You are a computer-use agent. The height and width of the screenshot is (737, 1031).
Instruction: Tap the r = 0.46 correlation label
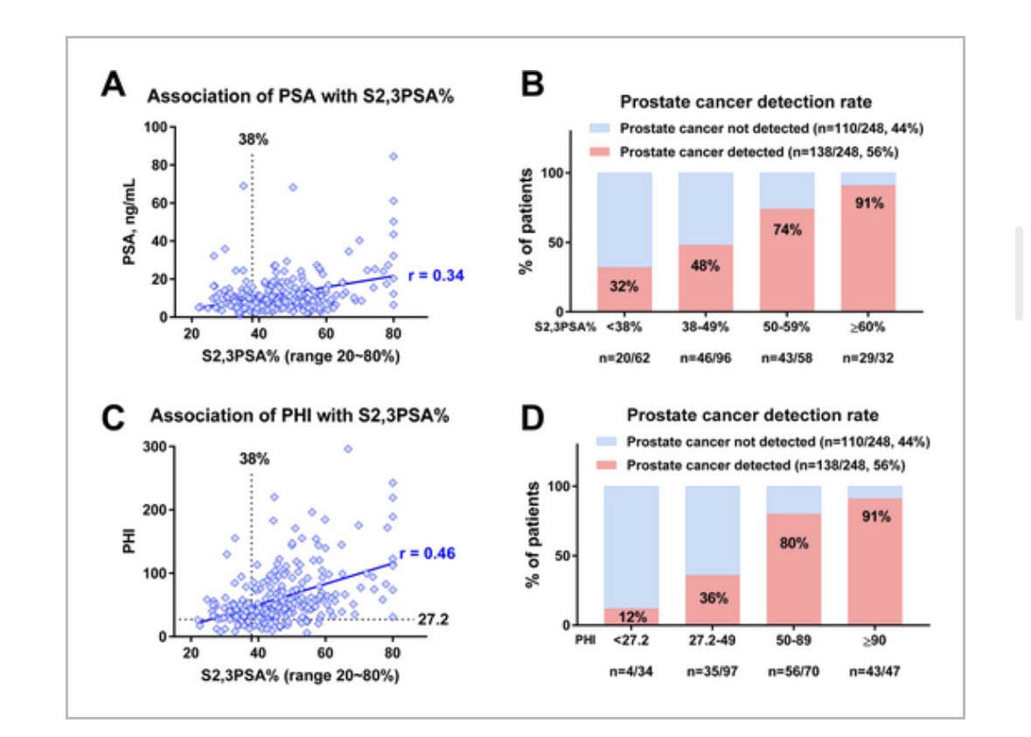click(428, 553)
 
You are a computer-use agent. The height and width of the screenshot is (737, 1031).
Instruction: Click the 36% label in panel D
click(712, 599)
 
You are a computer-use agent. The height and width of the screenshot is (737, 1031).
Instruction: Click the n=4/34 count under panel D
click(630, 673)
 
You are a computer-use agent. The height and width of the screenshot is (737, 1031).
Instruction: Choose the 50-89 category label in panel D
click(793, 639)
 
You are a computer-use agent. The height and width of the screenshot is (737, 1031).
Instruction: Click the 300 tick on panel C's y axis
click(158, 447)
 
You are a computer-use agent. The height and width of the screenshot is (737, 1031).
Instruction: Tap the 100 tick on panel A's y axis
click(158, 128)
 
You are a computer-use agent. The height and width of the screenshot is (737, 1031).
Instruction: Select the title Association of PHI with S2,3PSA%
click(297, 416)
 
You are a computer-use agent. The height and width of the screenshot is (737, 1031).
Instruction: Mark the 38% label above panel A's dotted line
click(253, 138)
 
